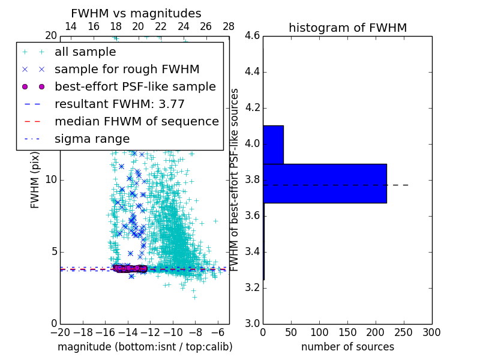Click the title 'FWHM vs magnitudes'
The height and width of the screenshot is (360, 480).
coord(136,13)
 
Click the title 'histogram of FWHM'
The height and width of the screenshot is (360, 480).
coord(347,28)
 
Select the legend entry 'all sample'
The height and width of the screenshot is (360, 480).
coord(85,52)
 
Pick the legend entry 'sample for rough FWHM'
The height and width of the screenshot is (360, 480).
coord(127,70)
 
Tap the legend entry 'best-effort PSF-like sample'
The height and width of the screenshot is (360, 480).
coord(135,87)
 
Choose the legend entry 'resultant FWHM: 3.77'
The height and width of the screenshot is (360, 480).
coord(119,104)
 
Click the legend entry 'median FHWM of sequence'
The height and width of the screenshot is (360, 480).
coord(136,122)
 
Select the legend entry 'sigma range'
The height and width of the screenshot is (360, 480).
coord(92,139)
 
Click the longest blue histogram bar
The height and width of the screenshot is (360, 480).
coord(325,183)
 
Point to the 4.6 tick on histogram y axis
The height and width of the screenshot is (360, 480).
coord(252,36)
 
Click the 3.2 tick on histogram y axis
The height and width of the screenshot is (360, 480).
coord(252,287)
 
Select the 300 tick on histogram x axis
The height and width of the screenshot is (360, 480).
coord(432,332)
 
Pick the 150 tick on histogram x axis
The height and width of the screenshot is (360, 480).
coord(347,332)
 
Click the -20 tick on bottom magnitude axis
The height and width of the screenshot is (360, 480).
coord(60,332)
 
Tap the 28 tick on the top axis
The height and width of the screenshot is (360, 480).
coord(229,26)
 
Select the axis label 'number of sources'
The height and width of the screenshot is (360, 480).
coord(347,347)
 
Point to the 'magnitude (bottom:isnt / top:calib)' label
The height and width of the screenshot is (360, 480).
coord(145,347)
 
